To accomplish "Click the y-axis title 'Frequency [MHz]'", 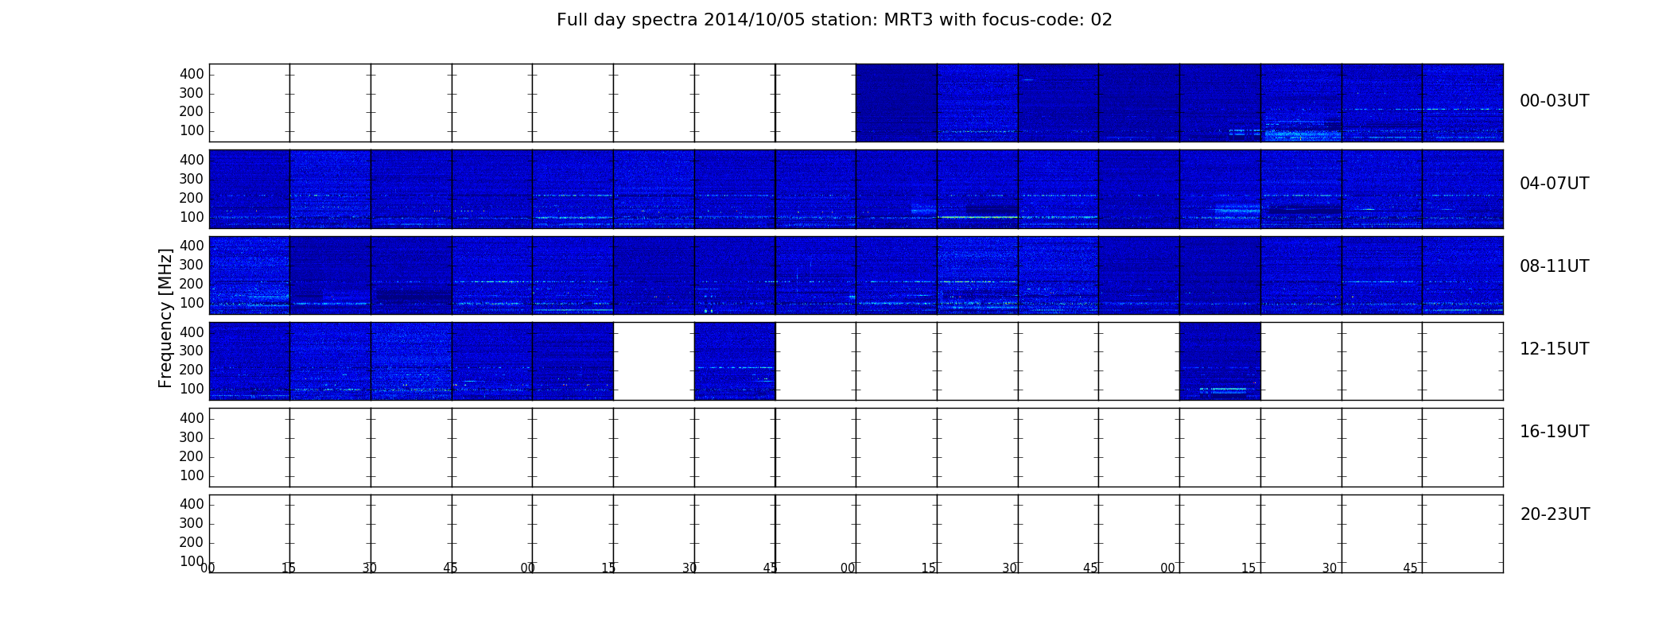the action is tap(165, 318).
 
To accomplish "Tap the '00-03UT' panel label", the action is tap(1554, 101).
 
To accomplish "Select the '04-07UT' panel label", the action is tap(1554, 184).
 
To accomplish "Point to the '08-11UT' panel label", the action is tap(1554, 266).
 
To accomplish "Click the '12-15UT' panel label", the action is tap(1554, 349).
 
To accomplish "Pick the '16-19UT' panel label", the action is tap(1554, 432).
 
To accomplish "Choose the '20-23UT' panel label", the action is tap(1555, 514).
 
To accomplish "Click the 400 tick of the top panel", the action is tap(192, 74).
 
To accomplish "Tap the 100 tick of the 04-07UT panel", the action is tap(192, 217).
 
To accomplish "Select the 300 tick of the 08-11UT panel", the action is tap(192, 265).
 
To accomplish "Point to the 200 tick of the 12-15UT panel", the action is tap(192, 370).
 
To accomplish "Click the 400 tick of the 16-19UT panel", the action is tap(192, 418).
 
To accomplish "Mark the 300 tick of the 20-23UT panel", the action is tap(192, 523).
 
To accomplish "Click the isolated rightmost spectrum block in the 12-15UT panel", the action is tap(1220, 361).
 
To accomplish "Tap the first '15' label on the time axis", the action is tap(289, 568).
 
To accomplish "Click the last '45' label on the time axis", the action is tap(1410, 568).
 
